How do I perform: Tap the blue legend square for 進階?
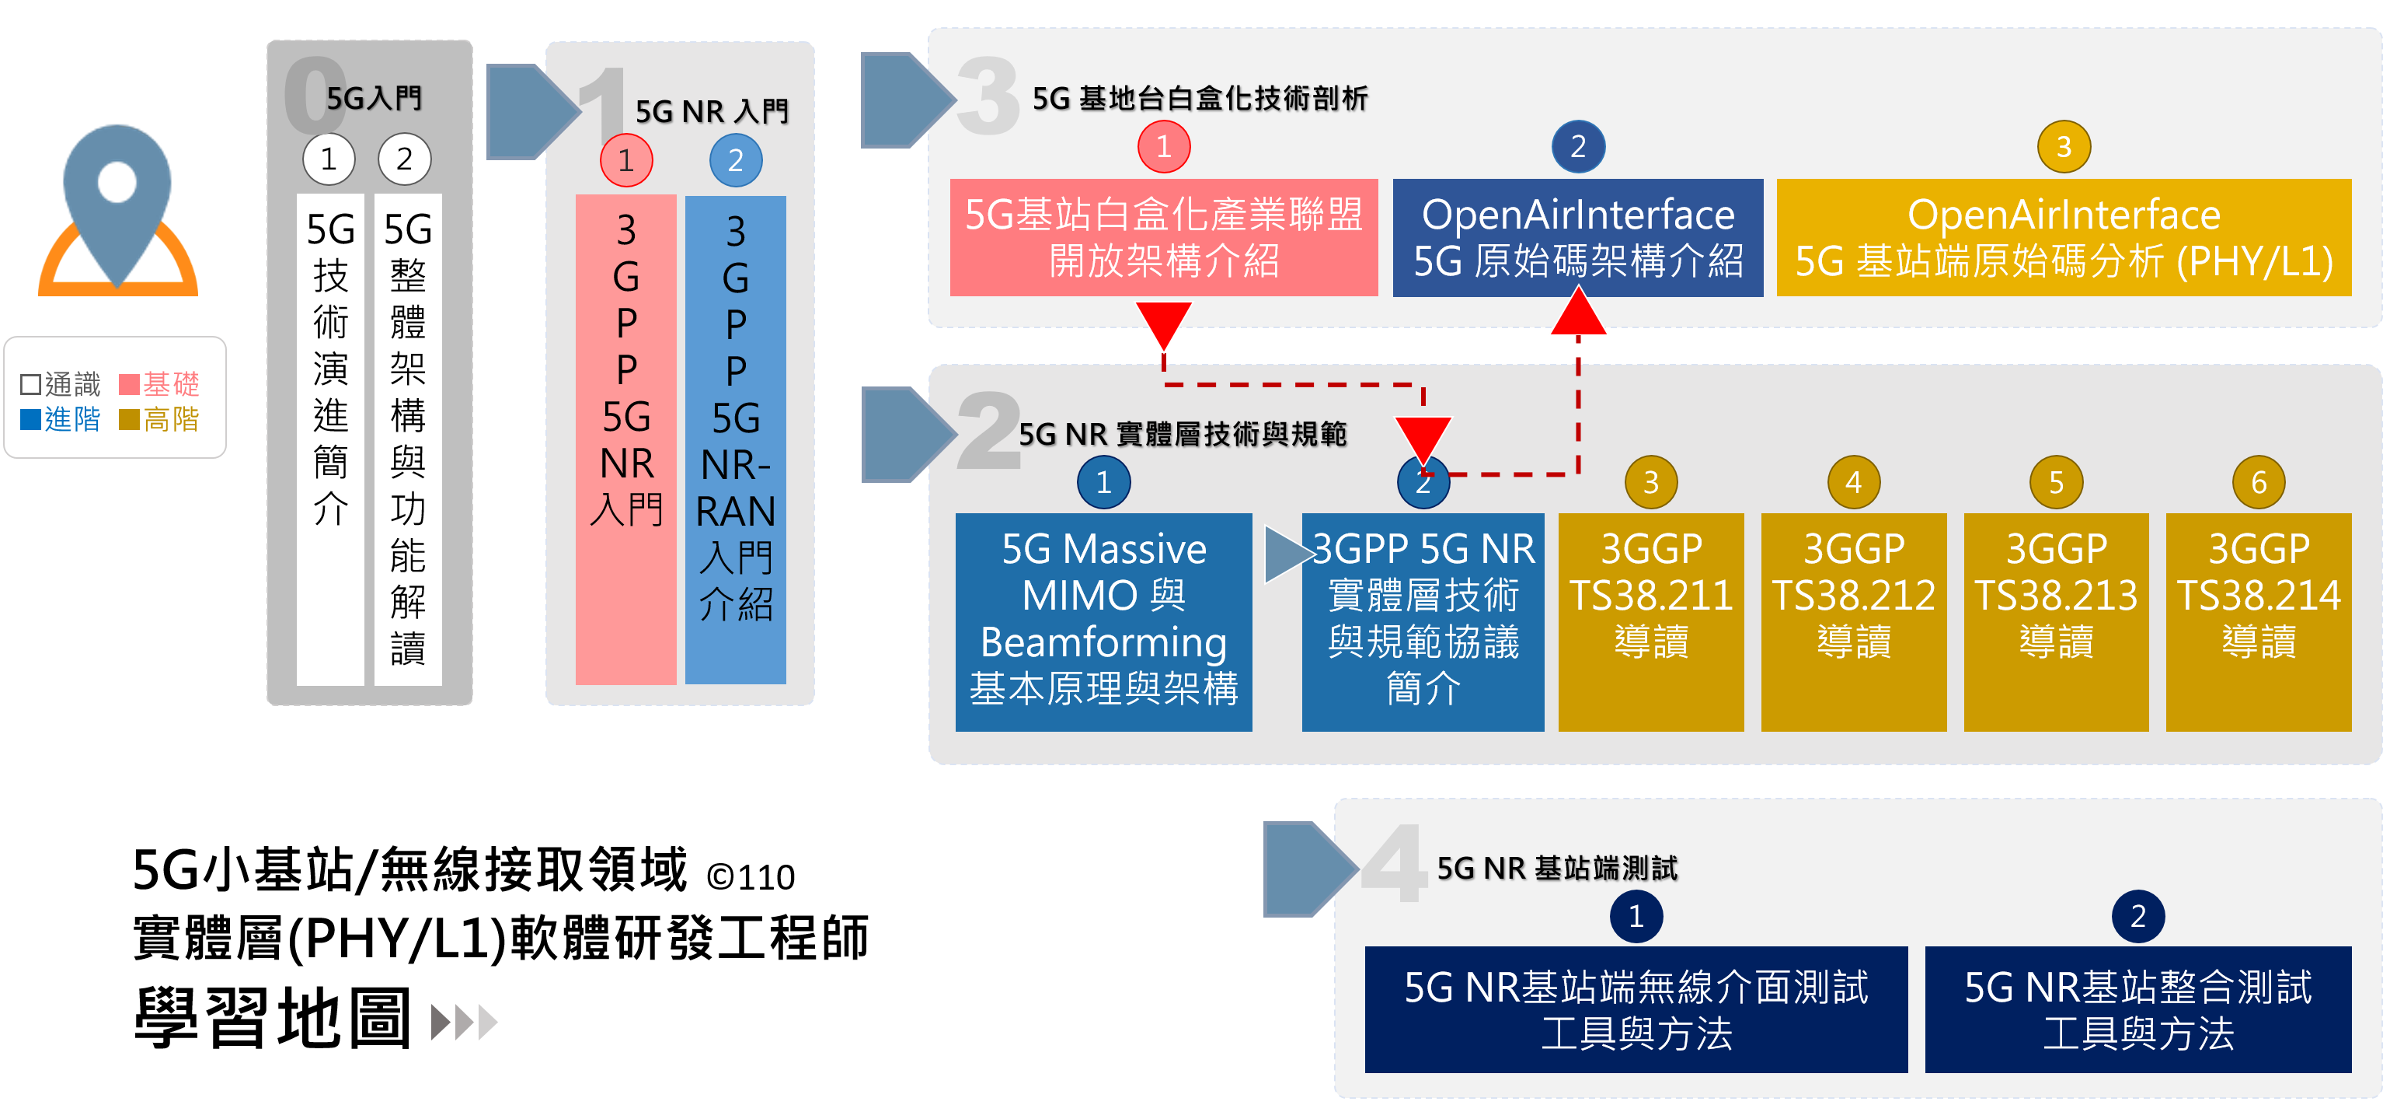[30, 419]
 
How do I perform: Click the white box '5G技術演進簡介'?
[330, 439]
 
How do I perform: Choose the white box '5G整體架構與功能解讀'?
[408, 439]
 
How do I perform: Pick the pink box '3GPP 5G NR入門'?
[626, 439]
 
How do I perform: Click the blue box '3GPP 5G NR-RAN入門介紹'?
[736, 439]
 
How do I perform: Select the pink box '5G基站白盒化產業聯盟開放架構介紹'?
[1164, 238]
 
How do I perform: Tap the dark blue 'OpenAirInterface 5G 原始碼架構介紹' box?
[1577, 238]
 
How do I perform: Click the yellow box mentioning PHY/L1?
[2063, 238]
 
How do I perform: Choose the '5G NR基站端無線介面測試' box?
[1636, 1009]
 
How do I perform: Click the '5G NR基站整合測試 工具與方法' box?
[2137, 1009]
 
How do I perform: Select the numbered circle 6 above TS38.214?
[2258, 482]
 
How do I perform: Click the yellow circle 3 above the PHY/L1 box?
[2063, 146]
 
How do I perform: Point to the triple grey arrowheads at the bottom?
[465, 1023]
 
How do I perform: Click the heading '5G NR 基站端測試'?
[1557, 868]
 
